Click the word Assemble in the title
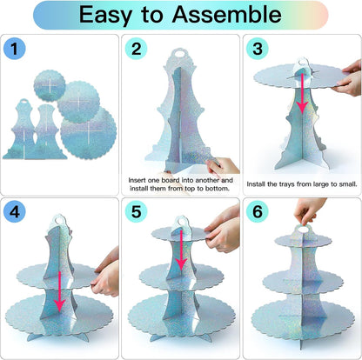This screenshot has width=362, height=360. [x=226, y=14]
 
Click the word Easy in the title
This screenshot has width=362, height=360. [x=105, y=16]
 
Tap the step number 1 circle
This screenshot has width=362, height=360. [x=15, y=49]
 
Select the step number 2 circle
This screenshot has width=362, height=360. [x=136, y=49]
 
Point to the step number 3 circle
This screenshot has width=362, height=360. [x=258, y=49]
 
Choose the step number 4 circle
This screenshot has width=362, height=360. [x=15, y=211]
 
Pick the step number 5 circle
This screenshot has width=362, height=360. [x=136, y=211]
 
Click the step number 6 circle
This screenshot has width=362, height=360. [x=258, y=211]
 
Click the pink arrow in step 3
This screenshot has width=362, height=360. [x=302, y=93]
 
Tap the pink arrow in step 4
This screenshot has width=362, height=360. [x=60, y=291]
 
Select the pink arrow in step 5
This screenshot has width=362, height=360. [x=181, y=250]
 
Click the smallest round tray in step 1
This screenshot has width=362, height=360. [x=50, y=85]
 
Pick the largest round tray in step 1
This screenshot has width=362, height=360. [x=89, y=132]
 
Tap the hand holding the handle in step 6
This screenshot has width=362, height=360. [x=308, y=210]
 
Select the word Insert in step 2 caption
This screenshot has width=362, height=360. [x=137, y=180]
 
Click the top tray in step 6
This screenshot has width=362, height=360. [x=303, y=241]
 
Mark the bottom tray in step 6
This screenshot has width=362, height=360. [x=303, y=320]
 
